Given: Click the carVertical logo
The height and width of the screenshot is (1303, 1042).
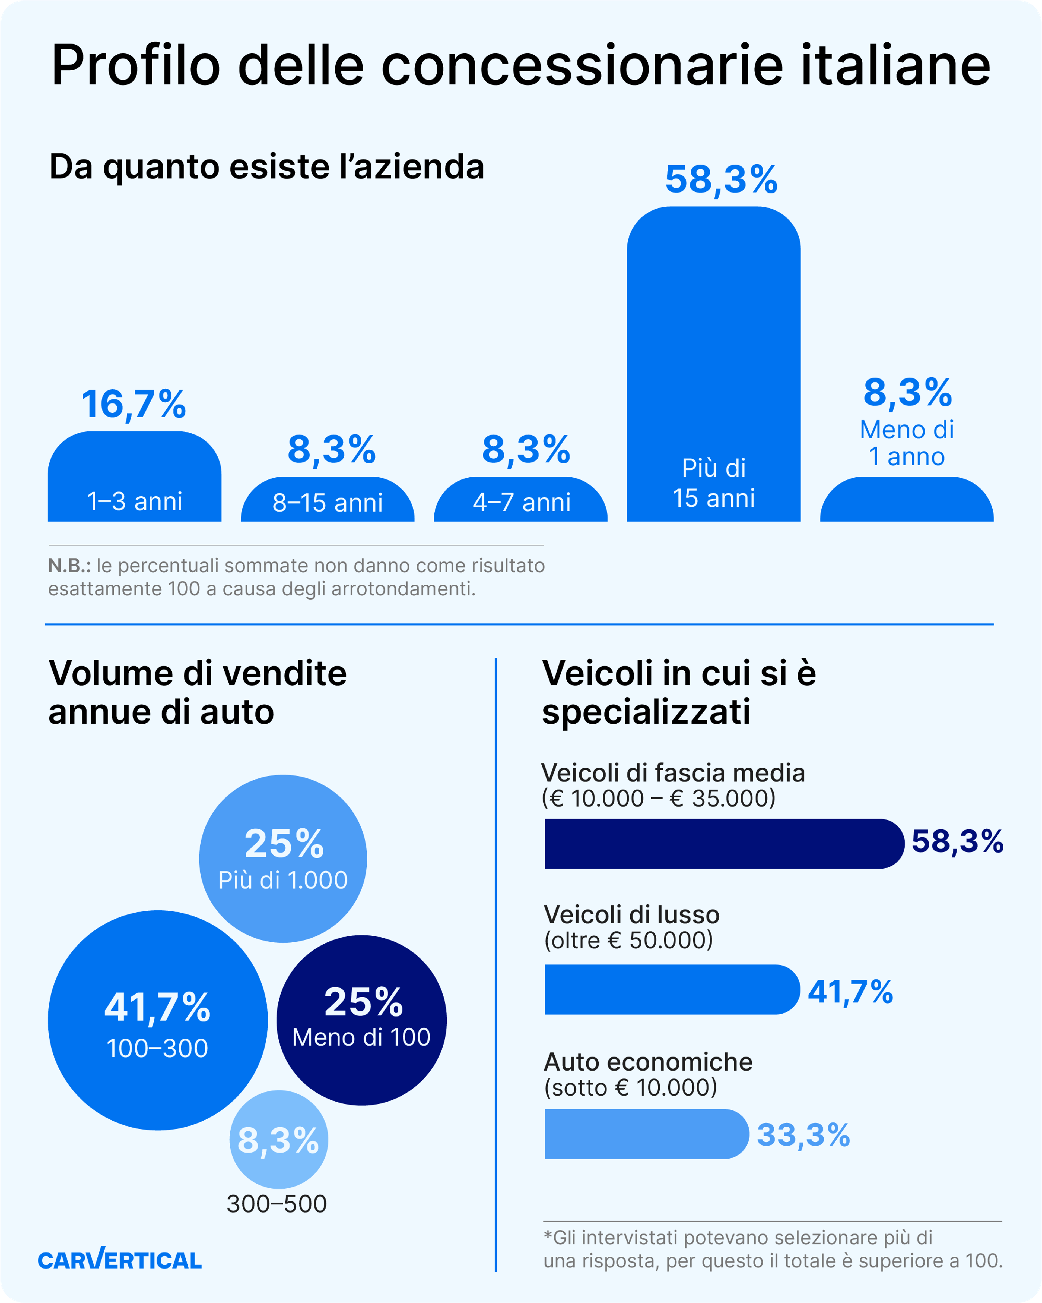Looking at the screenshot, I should point(120,1260).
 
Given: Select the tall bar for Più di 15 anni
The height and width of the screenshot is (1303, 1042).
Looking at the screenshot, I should point(713,363).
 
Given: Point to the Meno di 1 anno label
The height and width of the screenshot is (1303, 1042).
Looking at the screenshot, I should point(907,443).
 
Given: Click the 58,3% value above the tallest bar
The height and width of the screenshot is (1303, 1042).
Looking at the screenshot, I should point(721,179).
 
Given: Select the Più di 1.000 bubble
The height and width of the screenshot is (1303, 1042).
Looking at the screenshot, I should point(283,858).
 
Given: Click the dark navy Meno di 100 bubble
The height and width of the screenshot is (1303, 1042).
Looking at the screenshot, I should point(361,1020).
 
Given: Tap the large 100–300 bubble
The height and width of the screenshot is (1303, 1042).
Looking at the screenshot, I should point(158,1020).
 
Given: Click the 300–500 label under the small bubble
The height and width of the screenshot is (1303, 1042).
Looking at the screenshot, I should point(277,1204).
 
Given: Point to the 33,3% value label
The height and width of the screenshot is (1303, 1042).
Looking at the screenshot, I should point(803,1134).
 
